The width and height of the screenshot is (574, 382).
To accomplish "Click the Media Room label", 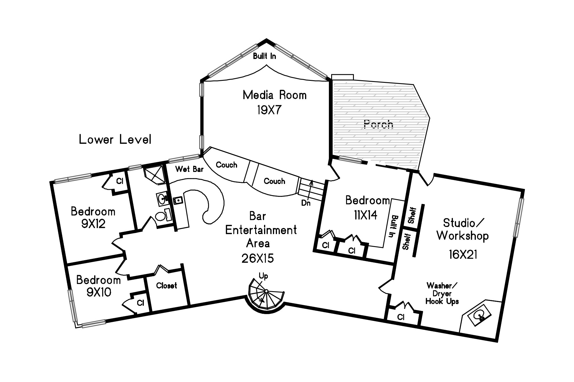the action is coord(275,95).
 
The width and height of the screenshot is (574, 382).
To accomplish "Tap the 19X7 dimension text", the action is coord(269,110).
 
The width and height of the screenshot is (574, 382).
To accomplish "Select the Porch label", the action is coord(378,124).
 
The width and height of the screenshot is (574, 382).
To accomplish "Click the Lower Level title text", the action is coord(115,140).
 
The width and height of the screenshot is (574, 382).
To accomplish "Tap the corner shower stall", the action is coord(154,175).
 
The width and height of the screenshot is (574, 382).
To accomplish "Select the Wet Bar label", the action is coord(189,169).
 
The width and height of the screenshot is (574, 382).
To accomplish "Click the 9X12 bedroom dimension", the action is coord(94,224).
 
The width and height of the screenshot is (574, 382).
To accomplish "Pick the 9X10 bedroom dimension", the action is coord(98,292).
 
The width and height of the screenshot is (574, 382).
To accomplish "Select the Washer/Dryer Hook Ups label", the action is coord(442,293).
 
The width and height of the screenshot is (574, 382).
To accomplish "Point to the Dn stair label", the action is coord(306,203).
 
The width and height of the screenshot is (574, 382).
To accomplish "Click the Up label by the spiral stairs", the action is coord(263,276).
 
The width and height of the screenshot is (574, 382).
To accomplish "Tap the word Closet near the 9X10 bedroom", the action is coord(166,285).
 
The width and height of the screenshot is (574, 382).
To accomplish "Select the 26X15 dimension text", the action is coord(258,258).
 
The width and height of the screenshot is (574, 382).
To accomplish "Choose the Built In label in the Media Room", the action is coord(264,56).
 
